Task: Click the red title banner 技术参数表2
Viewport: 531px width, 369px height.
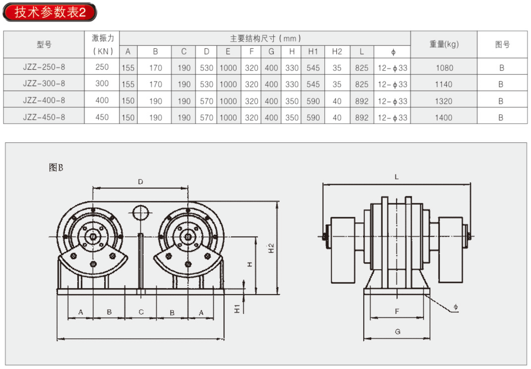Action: coord(50,12)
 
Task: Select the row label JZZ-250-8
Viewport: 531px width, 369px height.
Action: coord(44,67)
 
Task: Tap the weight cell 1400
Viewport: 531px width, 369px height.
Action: coord(444,118)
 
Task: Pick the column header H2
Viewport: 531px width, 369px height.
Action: coord(337,51)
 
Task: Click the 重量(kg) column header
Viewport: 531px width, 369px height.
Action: coord(444,44)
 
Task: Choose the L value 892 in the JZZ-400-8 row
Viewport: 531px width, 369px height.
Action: coord(361,101)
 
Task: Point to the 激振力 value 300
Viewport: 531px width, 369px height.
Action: coord(102,83)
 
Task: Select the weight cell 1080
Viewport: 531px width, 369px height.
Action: coord(445,68)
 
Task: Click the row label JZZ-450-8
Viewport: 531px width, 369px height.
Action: coord(44,117)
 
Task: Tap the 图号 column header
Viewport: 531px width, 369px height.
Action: coord(502,45)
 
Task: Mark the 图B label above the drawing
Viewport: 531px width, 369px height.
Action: coord(56,167)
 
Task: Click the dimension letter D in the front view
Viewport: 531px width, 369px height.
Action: coord(141,182)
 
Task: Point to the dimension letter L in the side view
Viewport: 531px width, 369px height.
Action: coord(397,176)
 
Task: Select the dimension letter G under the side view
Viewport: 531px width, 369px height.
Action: coord(397,331)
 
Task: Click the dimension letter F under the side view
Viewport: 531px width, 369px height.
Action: coord(397,311)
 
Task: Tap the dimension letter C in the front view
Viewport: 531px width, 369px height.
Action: coord(141,312)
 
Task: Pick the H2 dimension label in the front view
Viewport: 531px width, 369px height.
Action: coord(271,248)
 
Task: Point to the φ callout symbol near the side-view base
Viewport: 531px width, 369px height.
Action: coord(455,307)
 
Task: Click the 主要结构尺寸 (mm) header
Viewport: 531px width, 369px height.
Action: coord(265,39)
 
